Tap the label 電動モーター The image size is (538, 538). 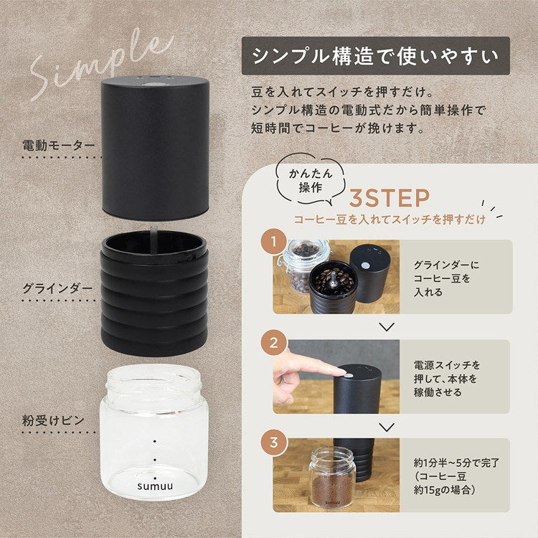click(58, 146)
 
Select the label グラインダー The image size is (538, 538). click(57, 288)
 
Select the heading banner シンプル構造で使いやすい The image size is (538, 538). click(376, 56)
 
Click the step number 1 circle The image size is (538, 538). click(272, 242)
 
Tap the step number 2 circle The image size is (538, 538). click(272, 342)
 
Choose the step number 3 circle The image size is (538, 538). click(272, 442)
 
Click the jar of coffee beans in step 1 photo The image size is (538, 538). click(301, 266)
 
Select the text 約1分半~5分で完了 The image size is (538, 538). click(456, 463)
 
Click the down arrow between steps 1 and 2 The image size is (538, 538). click(387, 326)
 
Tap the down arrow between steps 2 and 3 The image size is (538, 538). click(387, 426)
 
